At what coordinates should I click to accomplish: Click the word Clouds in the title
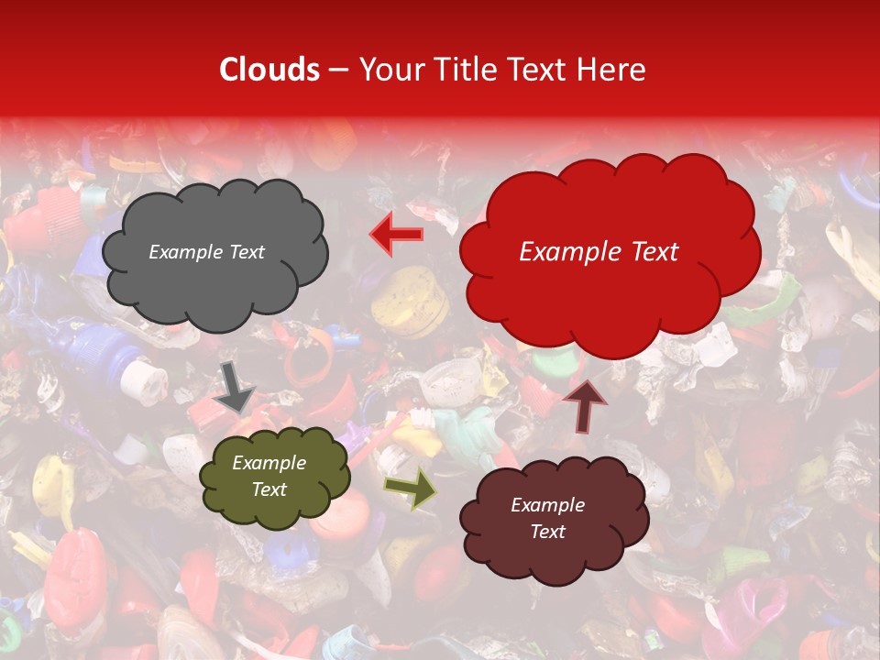tap(269, 70)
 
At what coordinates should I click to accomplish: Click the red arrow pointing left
tap(398, 235)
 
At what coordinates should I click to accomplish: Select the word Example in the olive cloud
tap(269, 463)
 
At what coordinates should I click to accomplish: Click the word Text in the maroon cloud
tap(548, 532)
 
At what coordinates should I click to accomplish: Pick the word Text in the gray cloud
tap(247, 252)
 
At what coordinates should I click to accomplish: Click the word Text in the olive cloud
tap(269, 489)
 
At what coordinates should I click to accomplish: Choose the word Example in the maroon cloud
tap(548, 505)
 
